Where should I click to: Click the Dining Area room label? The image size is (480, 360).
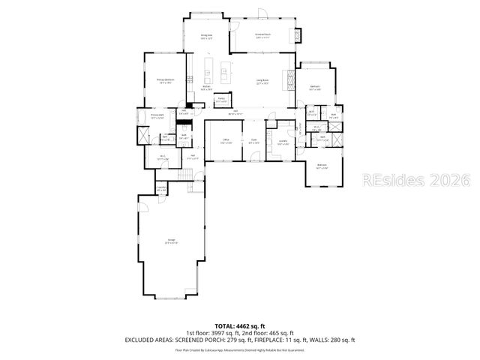point(204,34)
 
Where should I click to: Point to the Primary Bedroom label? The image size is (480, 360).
point(166,81)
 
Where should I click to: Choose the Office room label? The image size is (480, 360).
point(226,140)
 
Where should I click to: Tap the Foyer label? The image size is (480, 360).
point(254,140)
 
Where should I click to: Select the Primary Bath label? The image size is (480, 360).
point(156,117)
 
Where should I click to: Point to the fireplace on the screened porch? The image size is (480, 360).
point(300,35)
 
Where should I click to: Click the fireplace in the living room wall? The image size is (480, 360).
point(287,78)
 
